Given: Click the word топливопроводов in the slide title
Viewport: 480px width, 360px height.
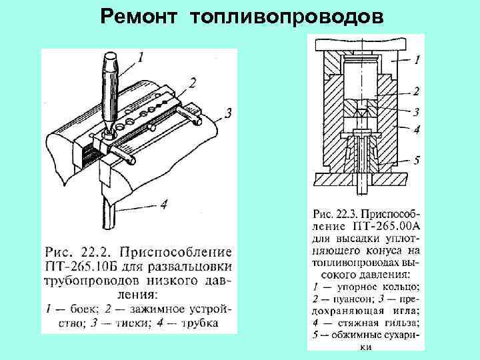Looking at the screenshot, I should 287,15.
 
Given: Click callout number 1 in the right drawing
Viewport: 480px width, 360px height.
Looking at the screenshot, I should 417,60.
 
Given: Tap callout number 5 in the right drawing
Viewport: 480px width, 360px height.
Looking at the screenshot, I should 416,160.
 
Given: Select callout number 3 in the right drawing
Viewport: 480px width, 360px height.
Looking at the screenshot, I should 416,112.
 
